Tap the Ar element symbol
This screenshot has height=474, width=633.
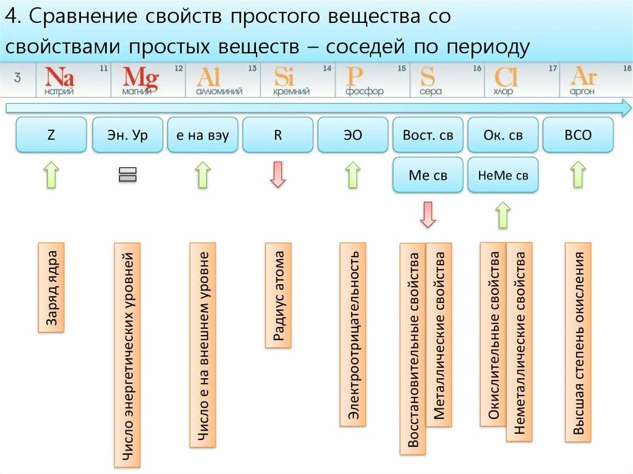click(x=583, y=77)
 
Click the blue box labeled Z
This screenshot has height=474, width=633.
click(x=51, y=135)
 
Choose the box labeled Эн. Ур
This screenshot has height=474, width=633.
click(x=127, y=135)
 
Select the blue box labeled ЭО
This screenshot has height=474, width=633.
click(x=352, y=135)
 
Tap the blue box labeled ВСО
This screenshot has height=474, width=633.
click(x=578, y=135)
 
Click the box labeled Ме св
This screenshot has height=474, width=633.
click(x=428, y=175)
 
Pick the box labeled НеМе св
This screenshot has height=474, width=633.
click(x=503, y=175)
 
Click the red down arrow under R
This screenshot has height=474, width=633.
click(x=278, y=174)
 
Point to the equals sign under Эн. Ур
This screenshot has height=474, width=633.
click(x=127, y=175)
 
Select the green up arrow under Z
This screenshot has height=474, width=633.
click(x=51, y=174)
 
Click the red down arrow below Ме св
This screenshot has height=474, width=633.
click(x=428, y=214)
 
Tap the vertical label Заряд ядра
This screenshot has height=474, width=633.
click(x=51, y=287)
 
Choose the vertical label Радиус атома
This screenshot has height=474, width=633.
click(x=278, y=295)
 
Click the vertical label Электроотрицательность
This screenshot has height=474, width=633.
click(x=353, y=334)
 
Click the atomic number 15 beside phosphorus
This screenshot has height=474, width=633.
click(x=402, y=69)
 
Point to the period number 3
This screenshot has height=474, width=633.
click(x=17, y=78)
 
